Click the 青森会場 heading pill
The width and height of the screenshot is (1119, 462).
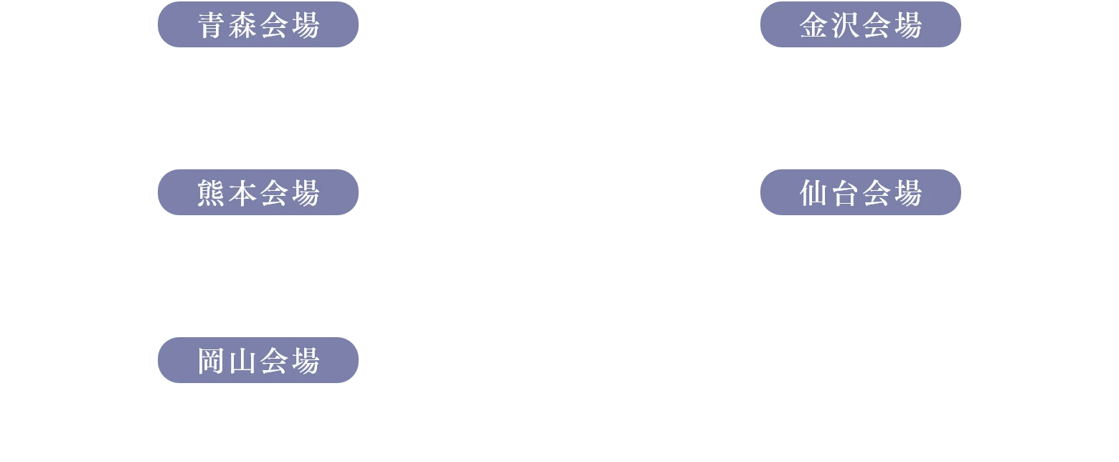[258, 27]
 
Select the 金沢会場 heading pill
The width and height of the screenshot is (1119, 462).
[860, 27]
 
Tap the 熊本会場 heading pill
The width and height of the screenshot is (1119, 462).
[258, 193]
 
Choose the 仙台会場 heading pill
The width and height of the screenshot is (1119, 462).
[860, 193]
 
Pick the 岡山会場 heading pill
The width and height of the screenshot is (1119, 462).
[258, 360]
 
